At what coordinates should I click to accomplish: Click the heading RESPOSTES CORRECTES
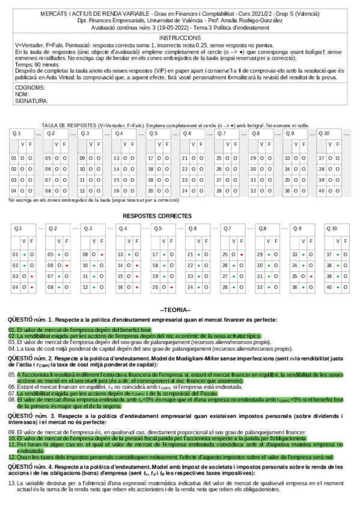[157, 215]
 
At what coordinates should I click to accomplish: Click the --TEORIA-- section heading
[180, 310]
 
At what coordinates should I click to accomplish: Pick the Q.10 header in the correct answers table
[332, 229]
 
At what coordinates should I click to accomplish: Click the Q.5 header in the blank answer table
[153, 134]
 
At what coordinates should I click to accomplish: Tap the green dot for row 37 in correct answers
[337, 255]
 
